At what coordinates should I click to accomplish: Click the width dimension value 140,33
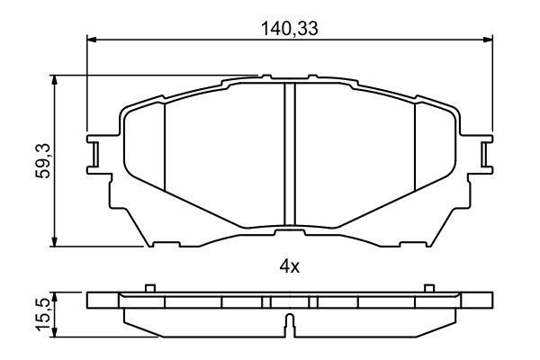point(291,28)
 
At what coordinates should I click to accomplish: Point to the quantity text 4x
point(290,266)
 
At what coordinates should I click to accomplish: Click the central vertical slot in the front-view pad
point(290,153)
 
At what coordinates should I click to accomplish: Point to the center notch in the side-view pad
point(289,323)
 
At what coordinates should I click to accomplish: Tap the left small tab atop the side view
point(150,288)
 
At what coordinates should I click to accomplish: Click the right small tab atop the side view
point(428,288)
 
